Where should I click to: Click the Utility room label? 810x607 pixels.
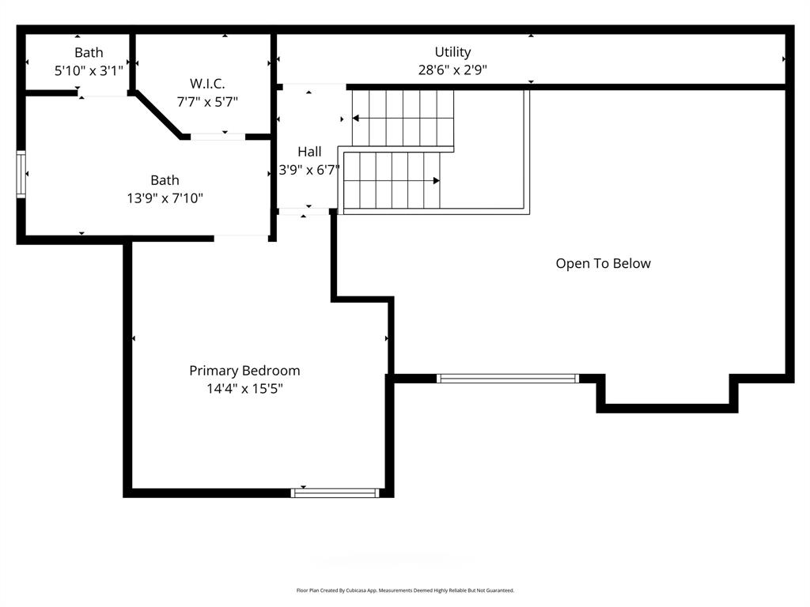point(452,52)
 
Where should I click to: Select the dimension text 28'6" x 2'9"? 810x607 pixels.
point(452,70)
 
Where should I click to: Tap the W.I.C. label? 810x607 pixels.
point(206,83)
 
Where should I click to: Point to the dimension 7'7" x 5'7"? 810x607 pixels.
point(206,101)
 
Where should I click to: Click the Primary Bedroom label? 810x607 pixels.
point(244,371)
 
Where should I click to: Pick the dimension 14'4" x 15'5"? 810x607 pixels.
point(244,388)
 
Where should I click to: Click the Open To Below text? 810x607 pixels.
point(603,263)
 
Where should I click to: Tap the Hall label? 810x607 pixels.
point(309,152)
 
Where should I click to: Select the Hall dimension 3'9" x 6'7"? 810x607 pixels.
point(309,169)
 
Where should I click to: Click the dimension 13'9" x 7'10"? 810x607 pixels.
point(165,198)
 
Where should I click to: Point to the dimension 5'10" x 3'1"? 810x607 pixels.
point(89,70)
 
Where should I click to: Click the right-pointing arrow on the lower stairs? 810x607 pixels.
point(435,181)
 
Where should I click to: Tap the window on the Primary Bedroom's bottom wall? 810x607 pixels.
point(335,492)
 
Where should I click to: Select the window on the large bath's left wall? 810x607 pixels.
point(21,174)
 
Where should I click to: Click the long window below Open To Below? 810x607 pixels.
point(508,379)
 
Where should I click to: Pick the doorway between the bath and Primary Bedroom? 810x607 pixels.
point(241,237)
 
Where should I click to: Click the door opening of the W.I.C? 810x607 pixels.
point(218,137)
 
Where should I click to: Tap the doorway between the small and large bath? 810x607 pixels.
point(103,94)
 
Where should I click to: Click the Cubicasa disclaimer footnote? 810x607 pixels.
point(405,590)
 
